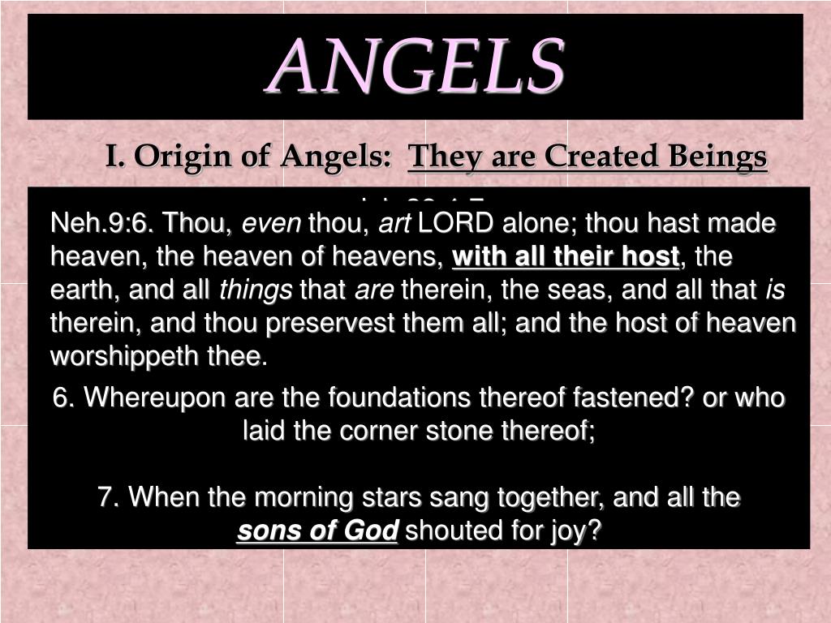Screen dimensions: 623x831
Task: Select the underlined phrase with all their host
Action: [566, 257]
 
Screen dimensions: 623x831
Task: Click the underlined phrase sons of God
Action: [317, 531]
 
